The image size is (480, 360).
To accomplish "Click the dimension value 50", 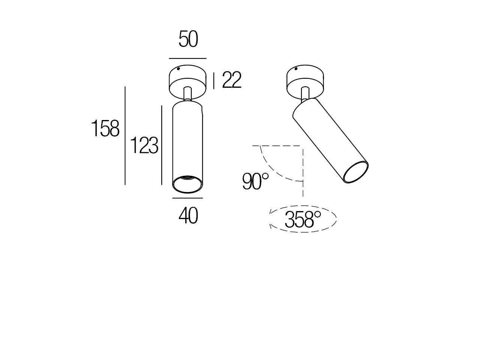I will tap(188, 40).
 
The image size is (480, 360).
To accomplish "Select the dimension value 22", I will tap(232, 80).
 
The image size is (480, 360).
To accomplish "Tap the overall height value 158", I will tap(105, 129).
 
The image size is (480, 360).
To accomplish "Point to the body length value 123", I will tap(144, 145).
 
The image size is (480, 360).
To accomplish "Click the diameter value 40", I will tap(188, 216).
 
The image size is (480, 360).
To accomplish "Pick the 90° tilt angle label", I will tap(255, 181).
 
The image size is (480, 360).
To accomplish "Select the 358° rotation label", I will tap(303, 219).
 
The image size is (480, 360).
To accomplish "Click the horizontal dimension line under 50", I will tap(187, 58).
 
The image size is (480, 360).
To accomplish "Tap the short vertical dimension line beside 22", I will tap(214, 81).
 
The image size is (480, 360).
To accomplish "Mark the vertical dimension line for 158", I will tap(125, 136).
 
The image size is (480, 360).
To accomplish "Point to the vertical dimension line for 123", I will tap(162, 145).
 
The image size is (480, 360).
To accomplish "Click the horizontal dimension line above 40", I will tap(187, 198).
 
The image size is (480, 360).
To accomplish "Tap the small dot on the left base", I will tap(179, 69).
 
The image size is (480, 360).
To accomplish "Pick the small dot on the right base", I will tap(296, 69).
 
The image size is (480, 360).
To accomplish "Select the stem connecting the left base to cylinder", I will tap(188, 94).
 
